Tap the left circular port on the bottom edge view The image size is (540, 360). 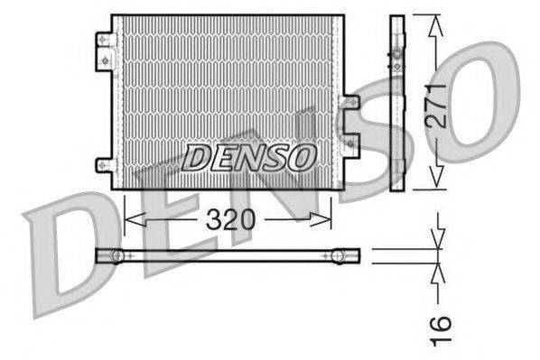point(116,256)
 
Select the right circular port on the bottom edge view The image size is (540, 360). point(338,256)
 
